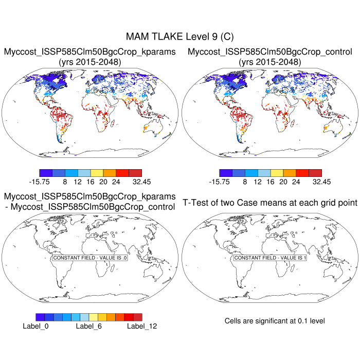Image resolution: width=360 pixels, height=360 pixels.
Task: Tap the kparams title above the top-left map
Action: click(90, 52)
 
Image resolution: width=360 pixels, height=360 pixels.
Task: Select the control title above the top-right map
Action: click(270, 52)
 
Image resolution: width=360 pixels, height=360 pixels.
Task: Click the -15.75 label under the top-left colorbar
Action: click(40, 182)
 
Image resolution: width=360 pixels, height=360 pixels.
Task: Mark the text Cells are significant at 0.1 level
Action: click(275, 321)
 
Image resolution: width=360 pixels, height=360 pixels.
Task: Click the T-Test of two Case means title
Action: click(270, 203)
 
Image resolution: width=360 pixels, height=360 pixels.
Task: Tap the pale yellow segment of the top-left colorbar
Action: click(97, 173)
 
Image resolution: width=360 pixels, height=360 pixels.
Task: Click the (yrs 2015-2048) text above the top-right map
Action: click(270, 62)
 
